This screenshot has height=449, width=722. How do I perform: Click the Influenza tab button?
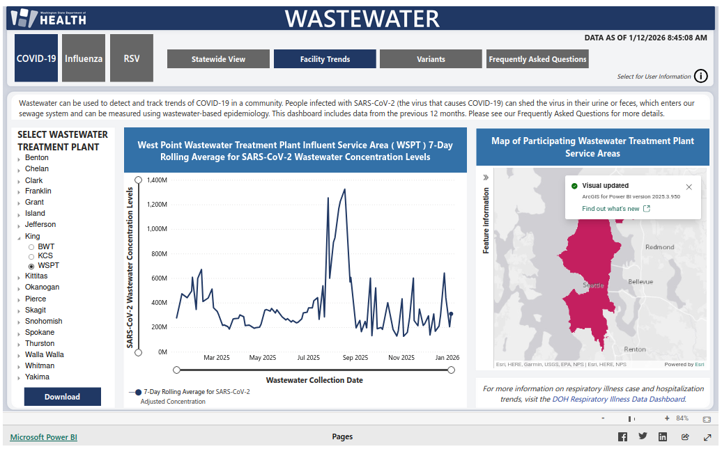coord(84,58)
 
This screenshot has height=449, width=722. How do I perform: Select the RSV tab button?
coord(132,58)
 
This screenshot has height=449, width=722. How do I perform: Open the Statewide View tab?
coord(218,59)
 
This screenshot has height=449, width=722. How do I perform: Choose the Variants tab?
coord(431,59)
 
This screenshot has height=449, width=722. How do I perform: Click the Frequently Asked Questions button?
coord(537,59)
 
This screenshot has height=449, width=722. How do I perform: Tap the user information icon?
coord(701,77)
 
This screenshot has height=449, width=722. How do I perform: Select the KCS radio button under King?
coord(31,256)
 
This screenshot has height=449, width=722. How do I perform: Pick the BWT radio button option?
coord(31,247)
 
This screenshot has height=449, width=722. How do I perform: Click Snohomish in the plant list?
coord(43,321)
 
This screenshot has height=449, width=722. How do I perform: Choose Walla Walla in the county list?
coord(44,354)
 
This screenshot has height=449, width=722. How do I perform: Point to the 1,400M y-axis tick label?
coord(157,180)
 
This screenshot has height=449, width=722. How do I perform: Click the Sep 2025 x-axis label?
coord(355,358)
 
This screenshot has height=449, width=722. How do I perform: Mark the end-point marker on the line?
coord(451,314)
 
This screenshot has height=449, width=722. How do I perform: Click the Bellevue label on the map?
coord(640,282)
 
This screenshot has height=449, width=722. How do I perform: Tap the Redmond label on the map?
coord(659,247)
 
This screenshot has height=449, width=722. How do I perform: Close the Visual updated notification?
coord(689,187)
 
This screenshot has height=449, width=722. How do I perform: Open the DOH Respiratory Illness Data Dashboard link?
coord(618,399)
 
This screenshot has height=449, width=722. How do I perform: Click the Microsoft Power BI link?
coord(44,437)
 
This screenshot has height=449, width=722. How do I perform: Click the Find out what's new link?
coord(610,209)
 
